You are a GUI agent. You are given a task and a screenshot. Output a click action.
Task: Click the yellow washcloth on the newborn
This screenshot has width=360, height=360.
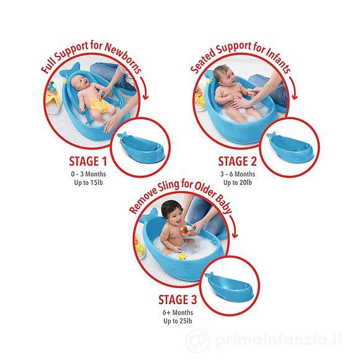point(98,109)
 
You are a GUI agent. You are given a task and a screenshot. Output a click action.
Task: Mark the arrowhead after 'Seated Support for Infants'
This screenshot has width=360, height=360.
point(293,99)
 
